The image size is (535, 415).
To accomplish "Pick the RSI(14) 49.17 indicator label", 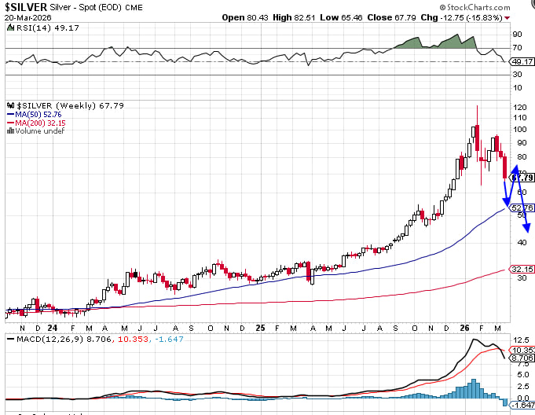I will click(x=32, y=28).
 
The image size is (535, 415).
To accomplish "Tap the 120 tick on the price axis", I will click(x=519, y=106).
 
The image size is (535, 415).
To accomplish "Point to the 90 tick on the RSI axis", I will click(x=518, y=35).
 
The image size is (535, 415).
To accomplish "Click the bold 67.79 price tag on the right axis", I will click(x=523, y=178).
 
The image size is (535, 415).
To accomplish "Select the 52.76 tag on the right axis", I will click(x=522, y=208).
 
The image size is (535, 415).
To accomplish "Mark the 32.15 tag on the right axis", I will click(x=522, y=270).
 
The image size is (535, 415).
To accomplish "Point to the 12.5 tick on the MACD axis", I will click(x=520, y=339).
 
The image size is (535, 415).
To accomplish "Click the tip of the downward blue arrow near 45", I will click(x=528, y=231).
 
